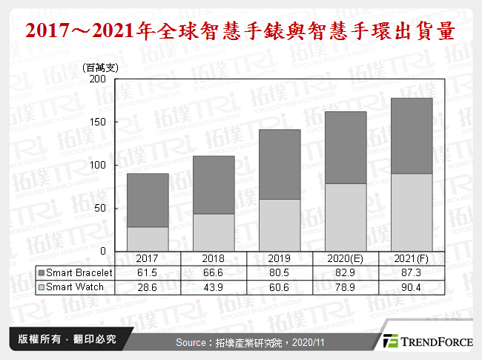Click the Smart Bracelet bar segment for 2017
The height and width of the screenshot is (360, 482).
coord(147,200)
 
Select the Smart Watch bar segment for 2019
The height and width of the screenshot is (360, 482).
coord(279,225)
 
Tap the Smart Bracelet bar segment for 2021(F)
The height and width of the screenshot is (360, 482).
coord(411,136)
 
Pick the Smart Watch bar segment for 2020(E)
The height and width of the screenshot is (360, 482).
coord(345,217)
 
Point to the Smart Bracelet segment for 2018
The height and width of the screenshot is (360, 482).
coord(213,185)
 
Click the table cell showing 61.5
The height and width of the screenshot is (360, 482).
coord(147,273)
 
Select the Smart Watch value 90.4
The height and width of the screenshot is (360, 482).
coord(411,286)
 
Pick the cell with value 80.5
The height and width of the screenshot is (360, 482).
coord(279,273)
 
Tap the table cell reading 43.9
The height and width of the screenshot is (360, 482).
coord(213,286)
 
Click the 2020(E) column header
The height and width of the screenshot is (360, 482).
coord(345,259)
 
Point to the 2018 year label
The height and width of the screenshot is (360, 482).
coord(213,259)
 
